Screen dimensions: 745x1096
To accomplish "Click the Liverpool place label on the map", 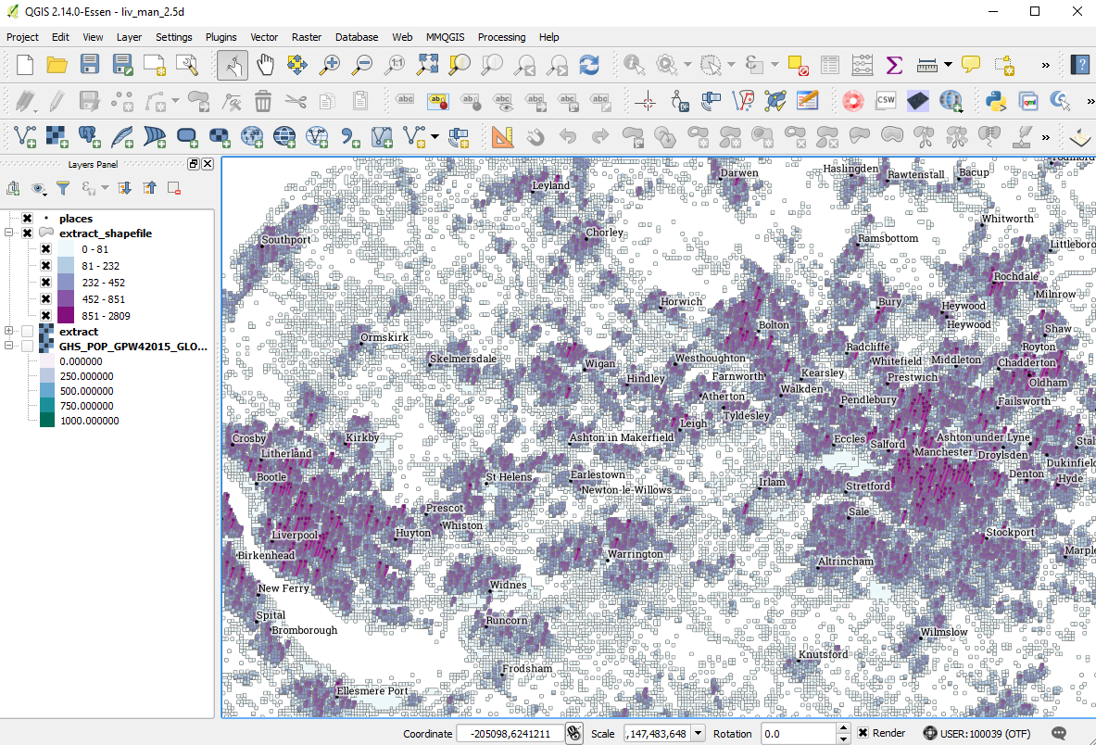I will click(295, 536).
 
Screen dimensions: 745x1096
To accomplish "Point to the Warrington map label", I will click(636, 554).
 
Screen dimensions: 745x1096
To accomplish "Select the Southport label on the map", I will click(286, 240).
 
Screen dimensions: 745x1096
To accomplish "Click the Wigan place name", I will click(599, 364).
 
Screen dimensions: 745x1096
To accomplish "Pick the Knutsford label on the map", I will click(824, 654).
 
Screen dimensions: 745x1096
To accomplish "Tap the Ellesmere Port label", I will click(372, 691).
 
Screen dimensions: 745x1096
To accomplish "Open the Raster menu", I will click(307, 37).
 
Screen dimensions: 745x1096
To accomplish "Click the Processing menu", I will click(501, 37).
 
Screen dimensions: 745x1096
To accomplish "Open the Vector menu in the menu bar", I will click(264, 37).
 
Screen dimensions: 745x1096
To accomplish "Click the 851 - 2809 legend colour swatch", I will click(66, 316).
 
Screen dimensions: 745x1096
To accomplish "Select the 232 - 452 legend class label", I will click(103, 283).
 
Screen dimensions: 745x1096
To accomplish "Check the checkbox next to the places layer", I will click(27, 219).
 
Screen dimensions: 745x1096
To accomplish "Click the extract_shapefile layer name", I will click(106, 234).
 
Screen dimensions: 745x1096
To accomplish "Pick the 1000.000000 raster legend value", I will click(89, 421).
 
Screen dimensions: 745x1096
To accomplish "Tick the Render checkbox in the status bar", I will click(863, 733).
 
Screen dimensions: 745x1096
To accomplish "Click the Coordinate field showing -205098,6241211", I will click(510, 734).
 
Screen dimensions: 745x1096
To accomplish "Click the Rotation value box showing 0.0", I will click(797, 734).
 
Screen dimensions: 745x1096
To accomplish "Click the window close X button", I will click(1076, 11).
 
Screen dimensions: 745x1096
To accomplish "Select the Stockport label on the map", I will click(1010, 533).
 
